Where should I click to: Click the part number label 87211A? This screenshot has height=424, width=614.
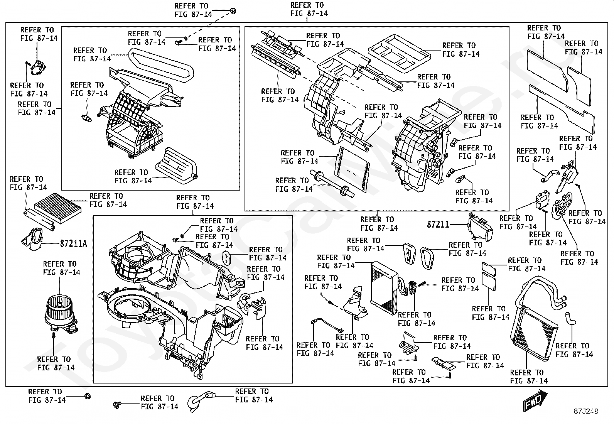(73, 244)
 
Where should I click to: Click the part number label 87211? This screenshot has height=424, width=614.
(438, 224)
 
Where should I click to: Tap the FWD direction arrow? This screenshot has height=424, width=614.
(535, 400)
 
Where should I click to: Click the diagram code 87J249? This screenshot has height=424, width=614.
(585, 411)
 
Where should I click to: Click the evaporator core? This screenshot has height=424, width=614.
(383, 284)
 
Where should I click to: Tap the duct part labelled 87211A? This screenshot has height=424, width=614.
(34, 239)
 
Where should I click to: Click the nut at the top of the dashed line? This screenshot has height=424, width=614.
(233, 11)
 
